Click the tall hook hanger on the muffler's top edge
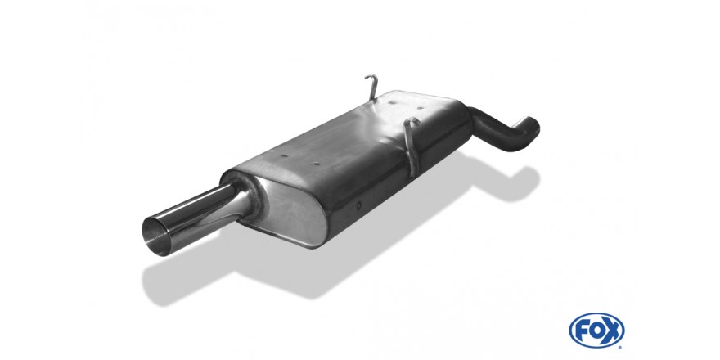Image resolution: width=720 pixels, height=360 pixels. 373,88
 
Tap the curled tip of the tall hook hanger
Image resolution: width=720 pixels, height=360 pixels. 370,77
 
